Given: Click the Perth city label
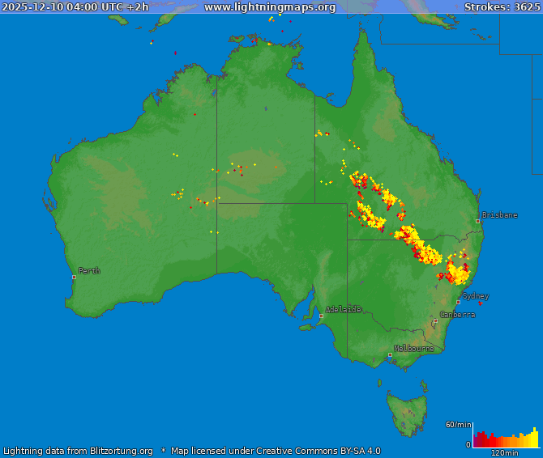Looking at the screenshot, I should (x=89, y=271).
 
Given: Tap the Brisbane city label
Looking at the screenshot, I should (x=499, y=215).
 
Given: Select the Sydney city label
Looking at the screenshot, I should (x=476, y=296).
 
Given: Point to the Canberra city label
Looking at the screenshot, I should (x=457, y=315).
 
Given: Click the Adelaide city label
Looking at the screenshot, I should (x=344, y=309).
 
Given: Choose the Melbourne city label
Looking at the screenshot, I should (x=413, y=349).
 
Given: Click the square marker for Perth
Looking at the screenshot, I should (x=74, y=277).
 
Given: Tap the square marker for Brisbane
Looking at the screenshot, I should (x=477, y=221).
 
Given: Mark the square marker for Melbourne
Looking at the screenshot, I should (x=390, y=354).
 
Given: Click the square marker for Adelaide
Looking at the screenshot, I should (x=321, y=316).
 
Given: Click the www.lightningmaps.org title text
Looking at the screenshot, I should (x=269, y=7).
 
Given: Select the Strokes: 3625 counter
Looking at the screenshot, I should (x=501, y=7).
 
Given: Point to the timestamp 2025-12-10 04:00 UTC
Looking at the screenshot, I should (x=63, y=7).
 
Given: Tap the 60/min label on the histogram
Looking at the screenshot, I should (x=458, y=425).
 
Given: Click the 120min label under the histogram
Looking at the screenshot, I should (x=504, y=453).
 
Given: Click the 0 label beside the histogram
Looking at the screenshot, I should (x=468, y=444).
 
